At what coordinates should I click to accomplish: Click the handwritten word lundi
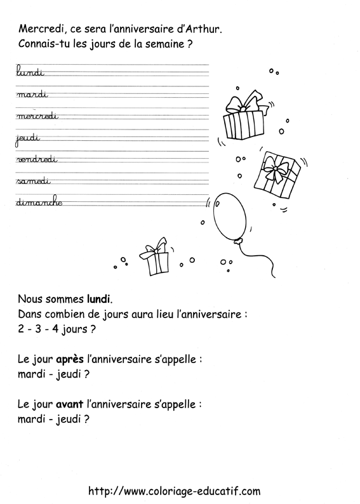point(28,73)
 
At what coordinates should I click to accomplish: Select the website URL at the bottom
point(175,491)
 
